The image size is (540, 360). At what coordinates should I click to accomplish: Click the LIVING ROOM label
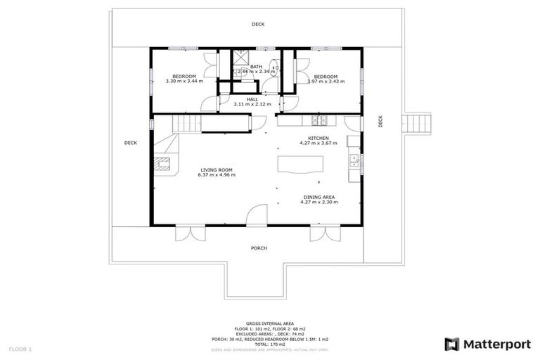(216, 169)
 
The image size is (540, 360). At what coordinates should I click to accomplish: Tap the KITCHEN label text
(319, 138)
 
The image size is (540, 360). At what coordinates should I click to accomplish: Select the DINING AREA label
(319, 197)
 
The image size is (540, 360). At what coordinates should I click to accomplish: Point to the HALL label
(252, 99)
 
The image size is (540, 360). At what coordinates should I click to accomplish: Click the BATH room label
(256, 67)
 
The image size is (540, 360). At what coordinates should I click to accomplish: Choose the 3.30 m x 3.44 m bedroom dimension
(184, 81)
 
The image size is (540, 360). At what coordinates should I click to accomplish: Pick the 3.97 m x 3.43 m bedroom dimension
(326, 81)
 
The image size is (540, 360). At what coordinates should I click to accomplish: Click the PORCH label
(259, 249)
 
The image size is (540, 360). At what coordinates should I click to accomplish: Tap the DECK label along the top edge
(259, 25)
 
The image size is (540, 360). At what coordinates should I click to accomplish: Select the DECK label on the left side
(130, 143)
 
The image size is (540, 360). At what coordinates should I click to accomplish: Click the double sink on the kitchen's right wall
(356, 164)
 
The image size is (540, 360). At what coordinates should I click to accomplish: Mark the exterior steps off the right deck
(416, 124)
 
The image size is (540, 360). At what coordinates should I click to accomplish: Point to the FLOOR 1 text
(20, 349)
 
